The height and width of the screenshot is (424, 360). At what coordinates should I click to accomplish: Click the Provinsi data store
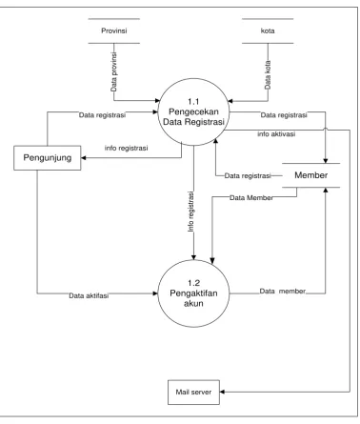114,30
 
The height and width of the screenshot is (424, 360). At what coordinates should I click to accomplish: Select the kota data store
268,30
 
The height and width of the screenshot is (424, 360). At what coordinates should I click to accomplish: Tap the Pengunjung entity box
48,158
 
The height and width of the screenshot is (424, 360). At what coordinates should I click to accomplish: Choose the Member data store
311,175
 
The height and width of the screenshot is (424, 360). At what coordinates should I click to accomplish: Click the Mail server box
193,393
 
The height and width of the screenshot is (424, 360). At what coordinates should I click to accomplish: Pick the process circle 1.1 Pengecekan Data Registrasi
193,111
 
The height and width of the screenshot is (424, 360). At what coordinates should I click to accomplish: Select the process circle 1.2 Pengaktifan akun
193,293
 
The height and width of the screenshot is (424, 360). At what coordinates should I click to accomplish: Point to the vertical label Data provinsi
114,72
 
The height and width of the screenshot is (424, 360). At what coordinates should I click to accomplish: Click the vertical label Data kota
268,74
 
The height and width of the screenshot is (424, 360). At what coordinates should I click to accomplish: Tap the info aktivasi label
276,134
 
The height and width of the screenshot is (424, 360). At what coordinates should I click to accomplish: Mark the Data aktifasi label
89,295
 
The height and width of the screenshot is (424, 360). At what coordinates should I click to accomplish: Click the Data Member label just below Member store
251,198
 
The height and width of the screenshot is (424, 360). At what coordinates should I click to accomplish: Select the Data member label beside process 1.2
283,291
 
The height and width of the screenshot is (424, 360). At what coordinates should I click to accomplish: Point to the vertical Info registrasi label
190,212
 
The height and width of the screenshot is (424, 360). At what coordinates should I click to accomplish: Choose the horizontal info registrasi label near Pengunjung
126,148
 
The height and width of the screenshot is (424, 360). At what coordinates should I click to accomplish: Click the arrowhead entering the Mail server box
222,392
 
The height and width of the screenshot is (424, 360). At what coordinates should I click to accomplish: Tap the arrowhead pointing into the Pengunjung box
84,158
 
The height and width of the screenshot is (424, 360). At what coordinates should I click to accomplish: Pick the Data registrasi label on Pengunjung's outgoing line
102,115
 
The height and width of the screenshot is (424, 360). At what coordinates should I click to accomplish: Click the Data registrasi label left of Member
248,175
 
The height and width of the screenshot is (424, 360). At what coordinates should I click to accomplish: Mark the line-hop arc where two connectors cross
326,128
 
